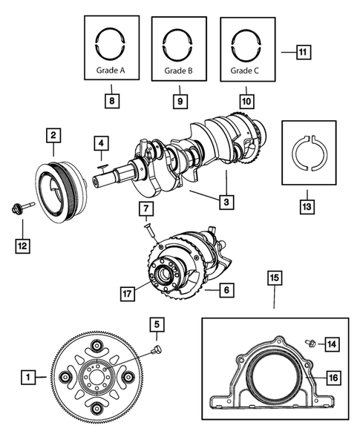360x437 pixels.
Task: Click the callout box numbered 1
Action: click(28, 378)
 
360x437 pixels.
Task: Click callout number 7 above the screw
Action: click(146, 208)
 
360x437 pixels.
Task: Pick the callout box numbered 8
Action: click(111, 97)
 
